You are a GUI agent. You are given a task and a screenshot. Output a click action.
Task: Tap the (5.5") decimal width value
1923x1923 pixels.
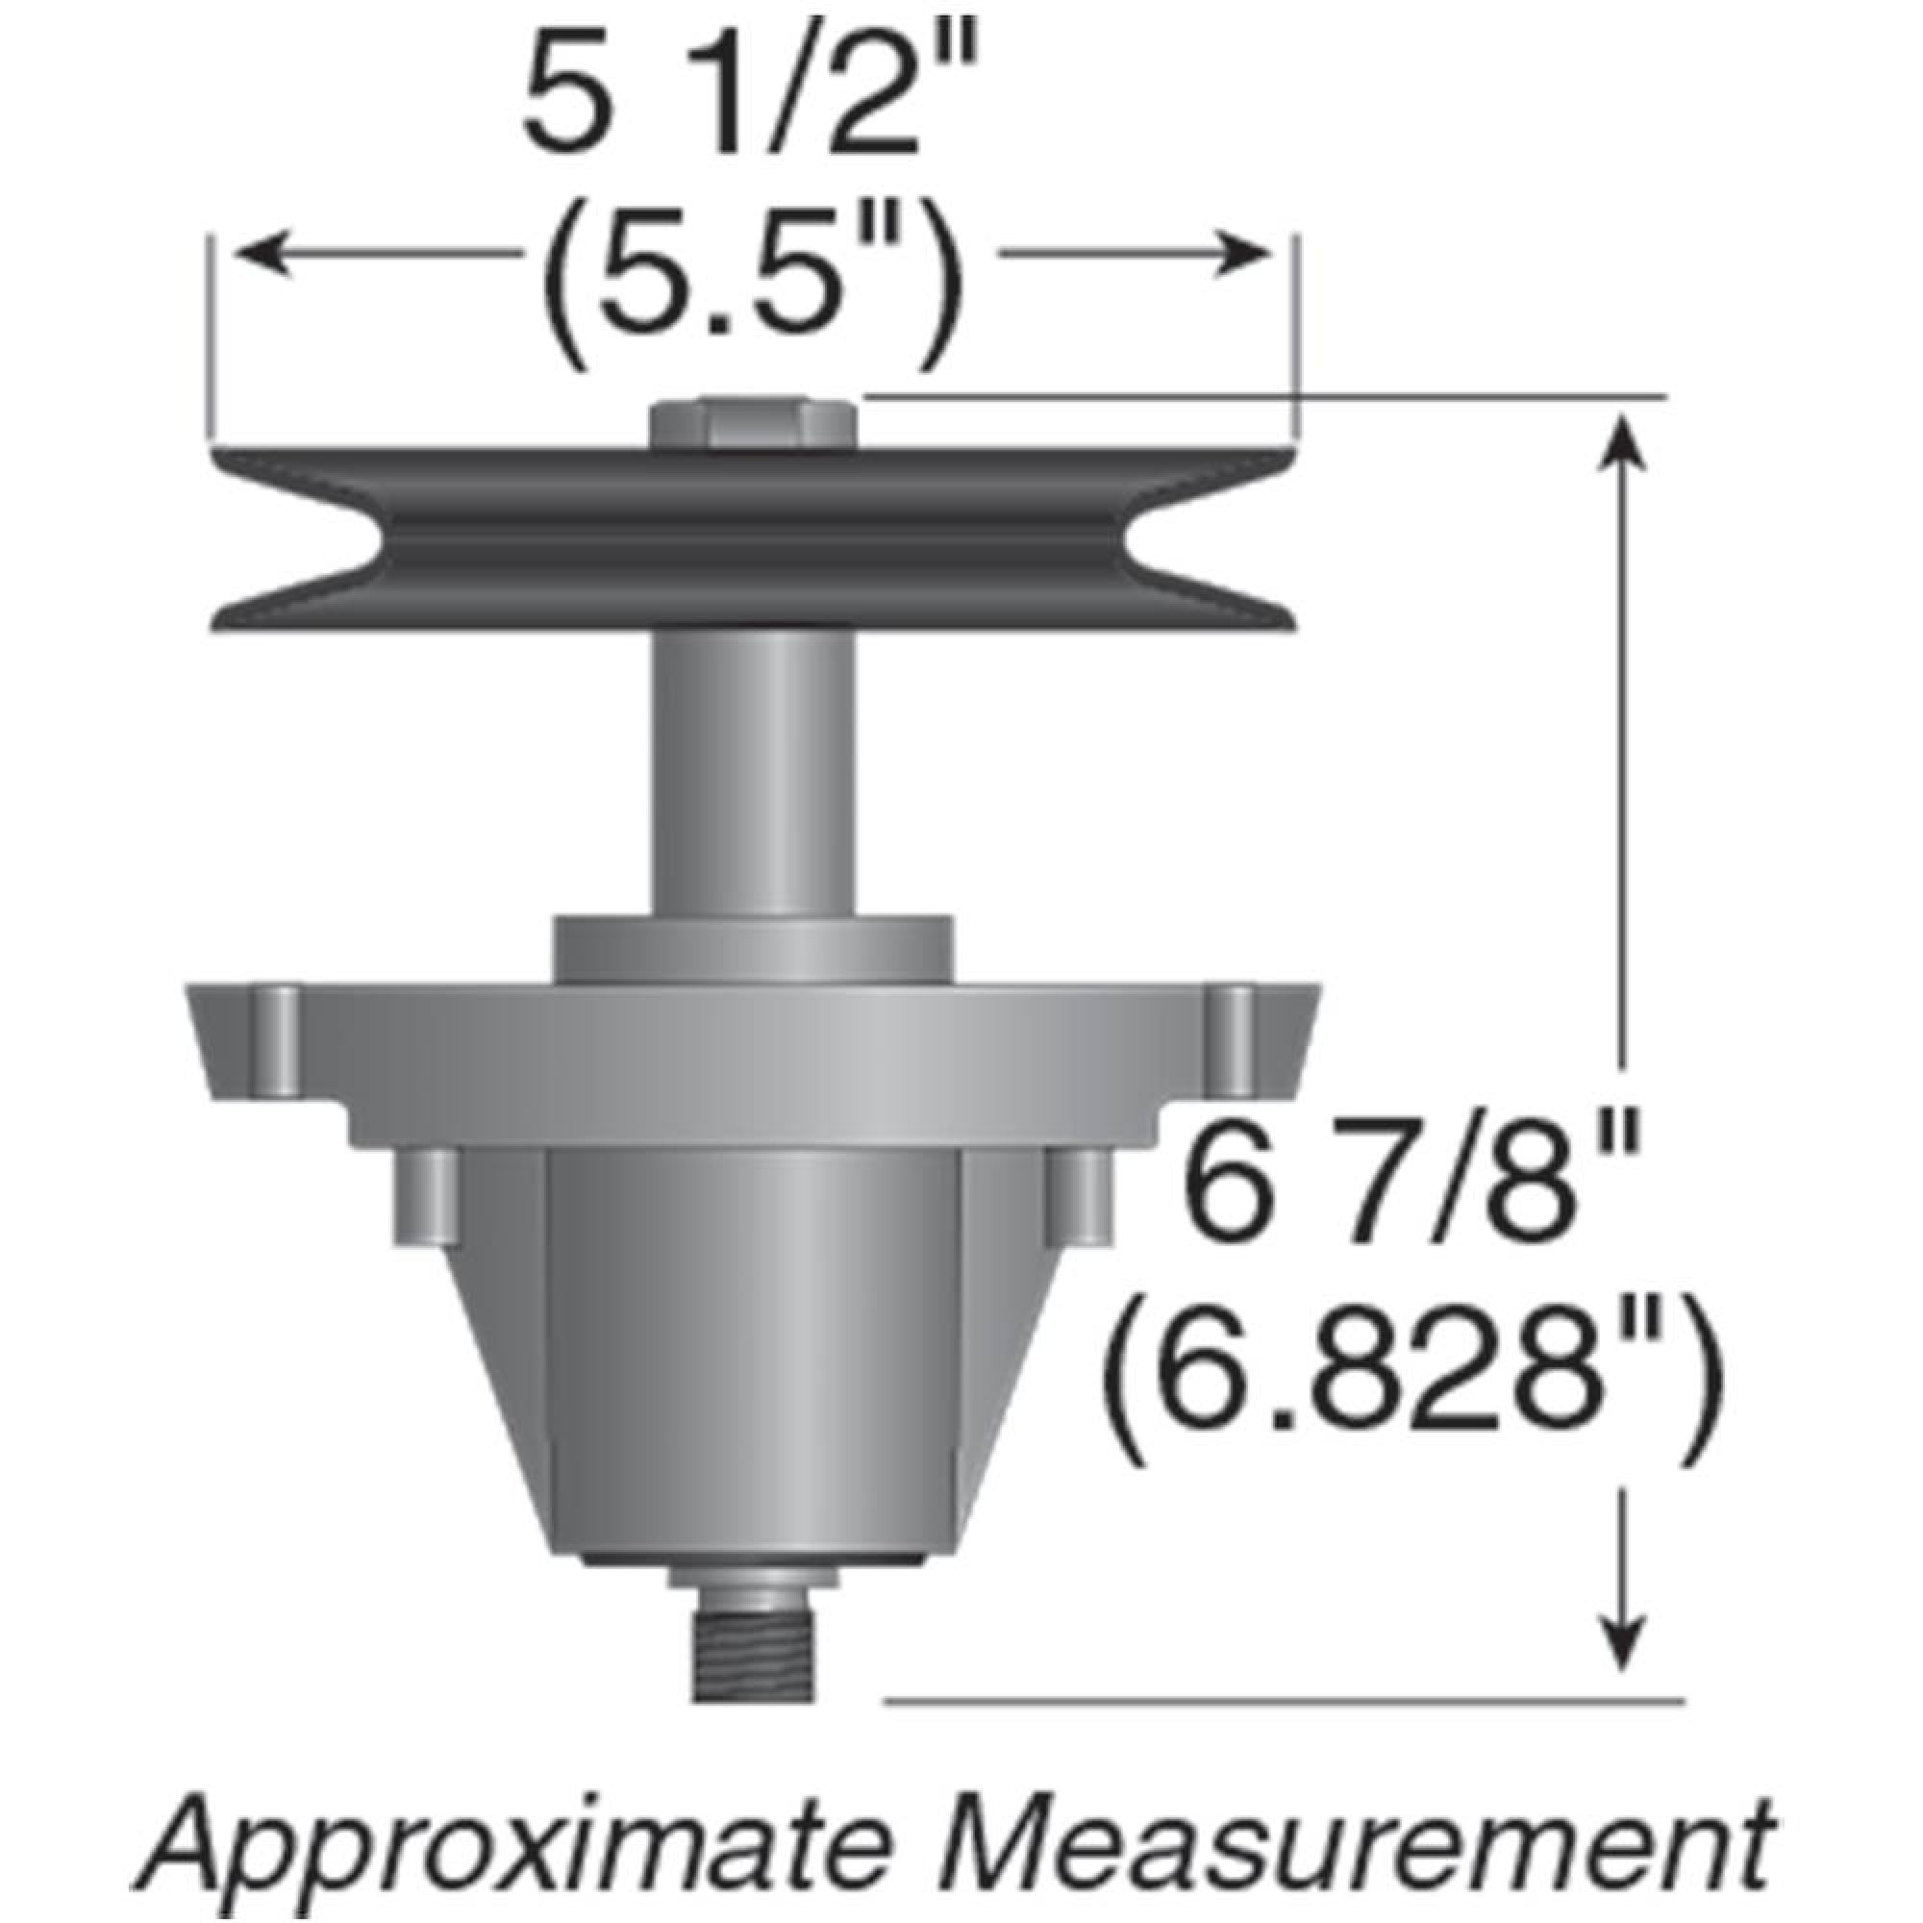(x=752, y=299)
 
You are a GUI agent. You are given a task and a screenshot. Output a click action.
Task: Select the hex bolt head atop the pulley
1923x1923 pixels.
(x=754, y=424)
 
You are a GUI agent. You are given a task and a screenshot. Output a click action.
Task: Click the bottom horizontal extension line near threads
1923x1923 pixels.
(x=1284, y=1701)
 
